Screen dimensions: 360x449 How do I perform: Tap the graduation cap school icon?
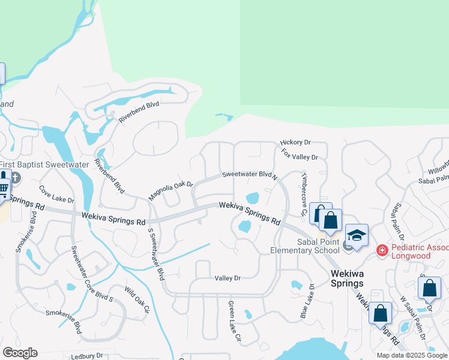pyautogui.click(x=357, y=235)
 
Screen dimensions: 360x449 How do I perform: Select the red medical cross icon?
pyautogui.click(x=381, y=250)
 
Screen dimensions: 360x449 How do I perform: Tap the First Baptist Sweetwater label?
pyautogui.click(x=44, y=164)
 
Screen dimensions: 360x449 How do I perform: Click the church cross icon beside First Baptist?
pyautogui.click(x=16, y=178)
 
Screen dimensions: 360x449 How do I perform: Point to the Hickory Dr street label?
pyautogui.click(x=295, y=143)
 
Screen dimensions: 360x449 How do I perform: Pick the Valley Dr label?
pyautogui.click(x=228, y=278)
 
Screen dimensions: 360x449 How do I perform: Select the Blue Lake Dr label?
pyautogui.click(x=306, y=302)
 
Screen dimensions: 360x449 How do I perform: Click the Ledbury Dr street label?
pyautogui.click(x=87, y=356)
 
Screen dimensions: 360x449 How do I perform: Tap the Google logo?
pyautogui.click(x=20, y=353)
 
